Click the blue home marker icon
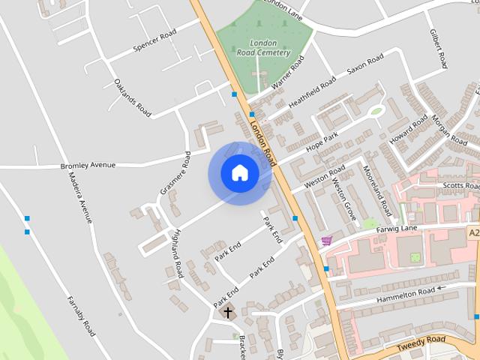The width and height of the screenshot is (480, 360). click(x=239, y=173)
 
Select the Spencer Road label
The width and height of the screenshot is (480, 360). click(x=154, y=42)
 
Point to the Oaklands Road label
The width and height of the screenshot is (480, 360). click(x=133, y=97)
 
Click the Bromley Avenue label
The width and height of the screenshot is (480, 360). click(x=88, y=165)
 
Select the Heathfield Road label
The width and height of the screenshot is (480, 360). click(x=312, y=92)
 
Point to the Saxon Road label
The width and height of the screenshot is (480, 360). click(x=364, y=66)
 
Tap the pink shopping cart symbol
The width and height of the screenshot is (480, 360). click(x=326, y=241)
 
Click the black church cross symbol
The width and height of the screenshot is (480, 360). click(x=228, y=311)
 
